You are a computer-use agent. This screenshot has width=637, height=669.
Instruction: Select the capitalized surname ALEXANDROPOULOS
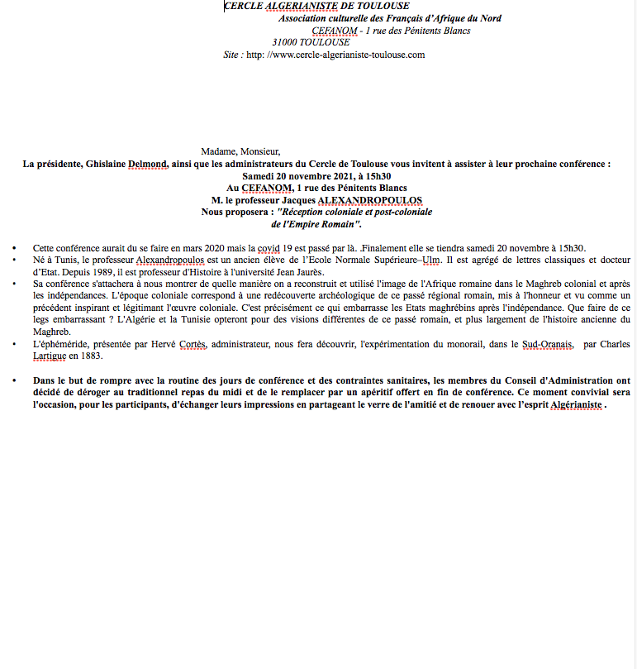tap(369, 200)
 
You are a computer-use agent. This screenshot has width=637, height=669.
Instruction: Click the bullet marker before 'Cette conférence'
tap(15, 248)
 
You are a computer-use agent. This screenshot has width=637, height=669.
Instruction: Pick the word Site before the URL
tap(232, 55)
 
